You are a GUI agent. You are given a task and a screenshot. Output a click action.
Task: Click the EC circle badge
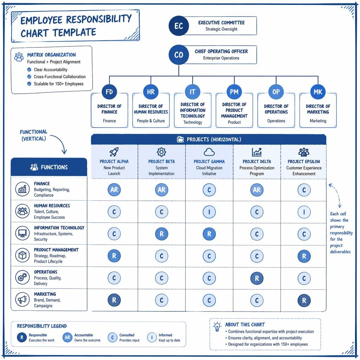click(x=179, y=26)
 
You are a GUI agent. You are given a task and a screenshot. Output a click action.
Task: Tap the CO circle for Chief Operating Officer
click(x=179, y=54)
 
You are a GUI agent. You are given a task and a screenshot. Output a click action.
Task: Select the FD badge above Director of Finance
click(x=109, y=92)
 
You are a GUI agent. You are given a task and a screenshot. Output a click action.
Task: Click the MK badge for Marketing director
click(x=318, y=92)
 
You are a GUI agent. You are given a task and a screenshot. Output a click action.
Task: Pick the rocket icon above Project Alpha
click(x=114, y=152)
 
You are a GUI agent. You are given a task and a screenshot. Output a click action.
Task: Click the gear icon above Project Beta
click(x=161, y=152)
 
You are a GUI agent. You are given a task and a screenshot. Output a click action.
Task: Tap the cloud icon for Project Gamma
click(x=209, y=152)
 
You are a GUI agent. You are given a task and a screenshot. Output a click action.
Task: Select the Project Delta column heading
click(x=257, y=161)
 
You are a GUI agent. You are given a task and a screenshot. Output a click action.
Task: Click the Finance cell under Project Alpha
click(x=114, y=189)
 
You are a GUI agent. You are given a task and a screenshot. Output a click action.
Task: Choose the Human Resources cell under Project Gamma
click(x=209, y=212)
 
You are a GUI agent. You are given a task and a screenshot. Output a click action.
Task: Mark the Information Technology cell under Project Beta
click(x=162, y=234)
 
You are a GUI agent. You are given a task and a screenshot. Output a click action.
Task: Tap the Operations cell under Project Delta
click(x=257, y=278)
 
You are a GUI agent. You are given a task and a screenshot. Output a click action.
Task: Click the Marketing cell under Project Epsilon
click(x=304, y=300)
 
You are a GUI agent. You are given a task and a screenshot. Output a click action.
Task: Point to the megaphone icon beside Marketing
click(x=22, y=300)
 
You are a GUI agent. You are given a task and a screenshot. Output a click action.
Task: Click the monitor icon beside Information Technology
click(x=22, y=233)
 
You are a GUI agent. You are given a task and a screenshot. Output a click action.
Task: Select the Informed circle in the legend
click(x=152, y=337)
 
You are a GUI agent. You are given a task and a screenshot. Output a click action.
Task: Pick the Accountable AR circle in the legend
click(x=67, y=337)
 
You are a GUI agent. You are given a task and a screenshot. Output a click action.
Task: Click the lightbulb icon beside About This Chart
click(x=217, y=327)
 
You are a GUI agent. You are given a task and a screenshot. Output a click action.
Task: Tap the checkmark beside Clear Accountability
click(x=29, y=70)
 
